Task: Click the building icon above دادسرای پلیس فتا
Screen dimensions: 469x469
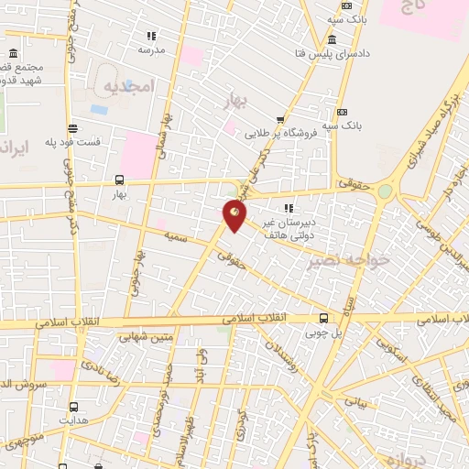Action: tap(331, 39)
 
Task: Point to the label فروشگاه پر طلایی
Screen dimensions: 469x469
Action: tap(279, 133)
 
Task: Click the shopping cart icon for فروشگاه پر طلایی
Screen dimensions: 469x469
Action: tap(280, 119)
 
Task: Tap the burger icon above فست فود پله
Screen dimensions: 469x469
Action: tap(72, 129)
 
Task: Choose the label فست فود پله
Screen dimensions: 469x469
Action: tap(74, 144)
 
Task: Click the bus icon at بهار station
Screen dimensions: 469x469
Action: tap(119, 180)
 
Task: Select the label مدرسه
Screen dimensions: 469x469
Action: tap(149, 49)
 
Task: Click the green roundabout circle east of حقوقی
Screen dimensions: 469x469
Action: tap(385, 191)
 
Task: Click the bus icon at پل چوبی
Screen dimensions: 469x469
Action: tap(323, 319)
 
